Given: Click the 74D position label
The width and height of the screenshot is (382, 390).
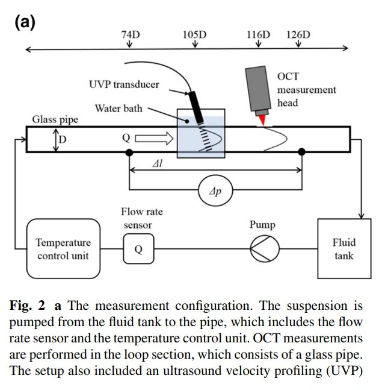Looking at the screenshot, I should [x=131, y=35].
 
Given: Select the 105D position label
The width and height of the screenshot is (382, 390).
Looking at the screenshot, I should [x=194, y=35].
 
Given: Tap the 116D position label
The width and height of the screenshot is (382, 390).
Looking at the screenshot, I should [x=258, y=35].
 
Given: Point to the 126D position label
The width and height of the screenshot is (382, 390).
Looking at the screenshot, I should [x=298, y=35].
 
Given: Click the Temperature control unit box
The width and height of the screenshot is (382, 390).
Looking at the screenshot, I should [x=63, y=248].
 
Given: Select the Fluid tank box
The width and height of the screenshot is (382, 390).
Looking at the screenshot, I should [x=343, y=248].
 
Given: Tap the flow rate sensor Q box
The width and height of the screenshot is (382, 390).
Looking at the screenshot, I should [x=138, y=249].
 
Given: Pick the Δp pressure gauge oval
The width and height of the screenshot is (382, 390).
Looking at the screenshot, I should [x=215, y=192].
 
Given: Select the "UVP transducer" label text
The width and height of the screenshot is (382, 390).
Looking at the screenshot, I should [x=124, y=84].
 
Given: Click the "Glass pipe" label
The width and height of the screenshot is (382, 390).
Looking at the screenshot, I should [x=55, y=119].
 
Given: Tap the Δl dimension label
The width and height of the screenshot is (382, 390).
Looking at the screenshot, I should [x=159, y=164].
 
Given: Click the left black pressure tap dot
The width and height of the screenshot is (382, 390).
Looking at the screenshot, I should [x=129, y=153].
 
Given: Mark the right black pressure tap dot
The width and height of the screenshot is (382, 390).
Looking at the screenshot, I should [x=302, y=153].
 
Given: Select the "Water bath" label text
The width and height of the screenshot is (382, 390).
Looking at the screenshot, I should [x=119, y=109].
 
